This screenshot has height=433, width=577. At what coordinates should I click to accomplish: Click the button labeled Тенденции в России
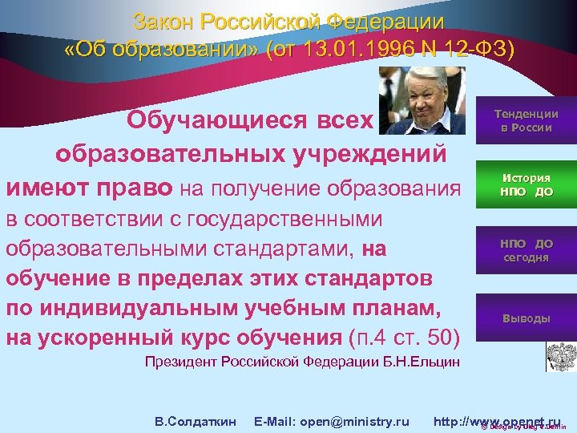[x=526, y=121]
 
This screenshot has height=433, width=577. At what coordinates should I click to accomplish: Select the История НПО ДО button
[x=526, y=185]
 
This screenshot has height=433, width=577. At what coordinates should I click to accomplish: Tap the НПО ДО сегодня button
[x=526, y=250]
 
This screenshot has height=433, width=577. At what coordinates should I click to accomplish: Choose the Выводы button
[x=526, y=318]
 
